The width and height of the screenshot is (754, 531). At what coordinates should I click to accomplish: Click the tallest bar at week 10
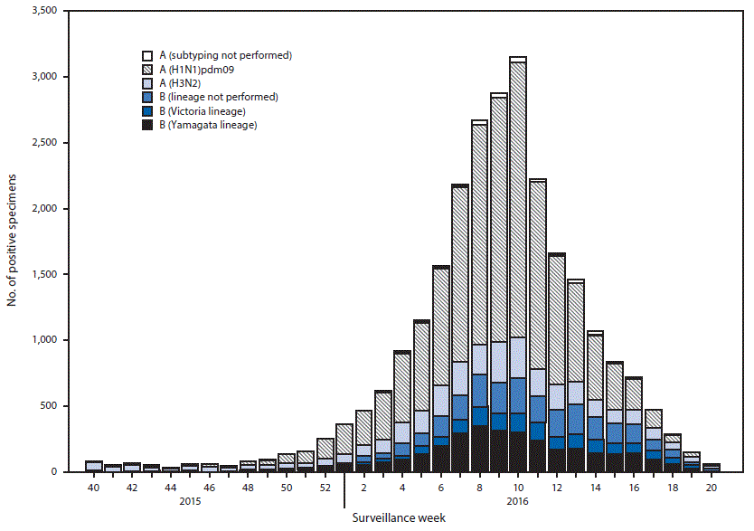[x=518, y=271]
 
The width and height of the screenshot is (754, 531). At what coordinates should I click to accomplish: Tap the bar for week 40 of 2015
[x=93, y=467]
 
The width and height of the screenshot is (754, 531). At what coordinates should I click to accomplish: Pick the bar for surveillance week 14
[x=595, y=407]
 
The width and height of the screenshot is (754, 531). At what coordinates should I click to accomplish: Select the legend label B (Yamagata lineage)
[x=208, y=126]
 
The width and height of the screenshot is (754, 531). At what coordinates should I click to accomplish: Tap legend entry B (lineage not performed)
[x=218, y=97]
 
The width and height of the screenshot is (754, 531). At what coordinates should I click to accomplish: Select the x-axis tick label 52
[x=325, y=487]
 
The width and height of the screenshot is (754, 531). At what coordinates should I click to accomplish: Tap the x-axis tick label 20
[x=712, y=487]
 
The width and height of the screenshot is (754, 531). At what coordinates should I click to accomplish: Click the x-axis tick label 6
[x=440, y=487]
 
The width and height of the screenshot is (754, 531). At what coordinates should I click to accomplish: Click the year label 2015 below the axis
[x=190, y=500]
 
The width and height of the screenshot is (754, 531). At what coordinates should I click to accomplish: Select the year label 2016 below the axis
[x=518, y=500]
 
